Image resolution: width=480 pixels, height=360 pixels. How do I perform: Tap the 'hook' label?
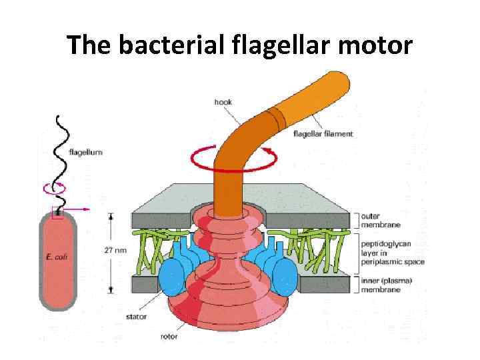click(223, 102)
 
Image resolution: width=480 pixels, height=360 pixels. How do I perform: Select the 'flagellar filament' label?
click(323, 133)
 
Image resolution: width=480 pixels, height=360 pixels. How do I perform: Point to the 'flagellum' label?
click(86, 152)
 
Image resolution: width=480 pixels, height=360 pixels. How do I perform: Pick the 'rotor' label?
click(169, 336)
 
